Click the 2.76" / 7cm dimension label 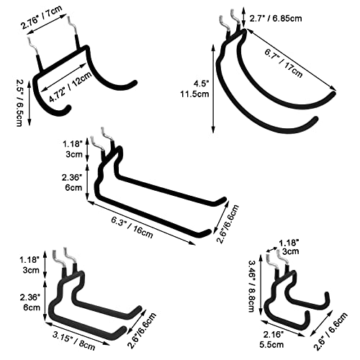[42, 18]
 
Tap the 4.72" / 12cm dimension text [71, 86]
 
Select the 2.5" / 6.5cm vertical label [19, 103]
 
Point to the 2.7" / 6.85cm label [276, 19]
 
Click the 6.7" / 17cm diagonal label [284, 63]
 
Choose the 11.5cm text [194, 94]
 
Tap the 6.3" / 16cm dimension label [132, 228]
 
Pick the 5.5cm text [271, 345]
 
